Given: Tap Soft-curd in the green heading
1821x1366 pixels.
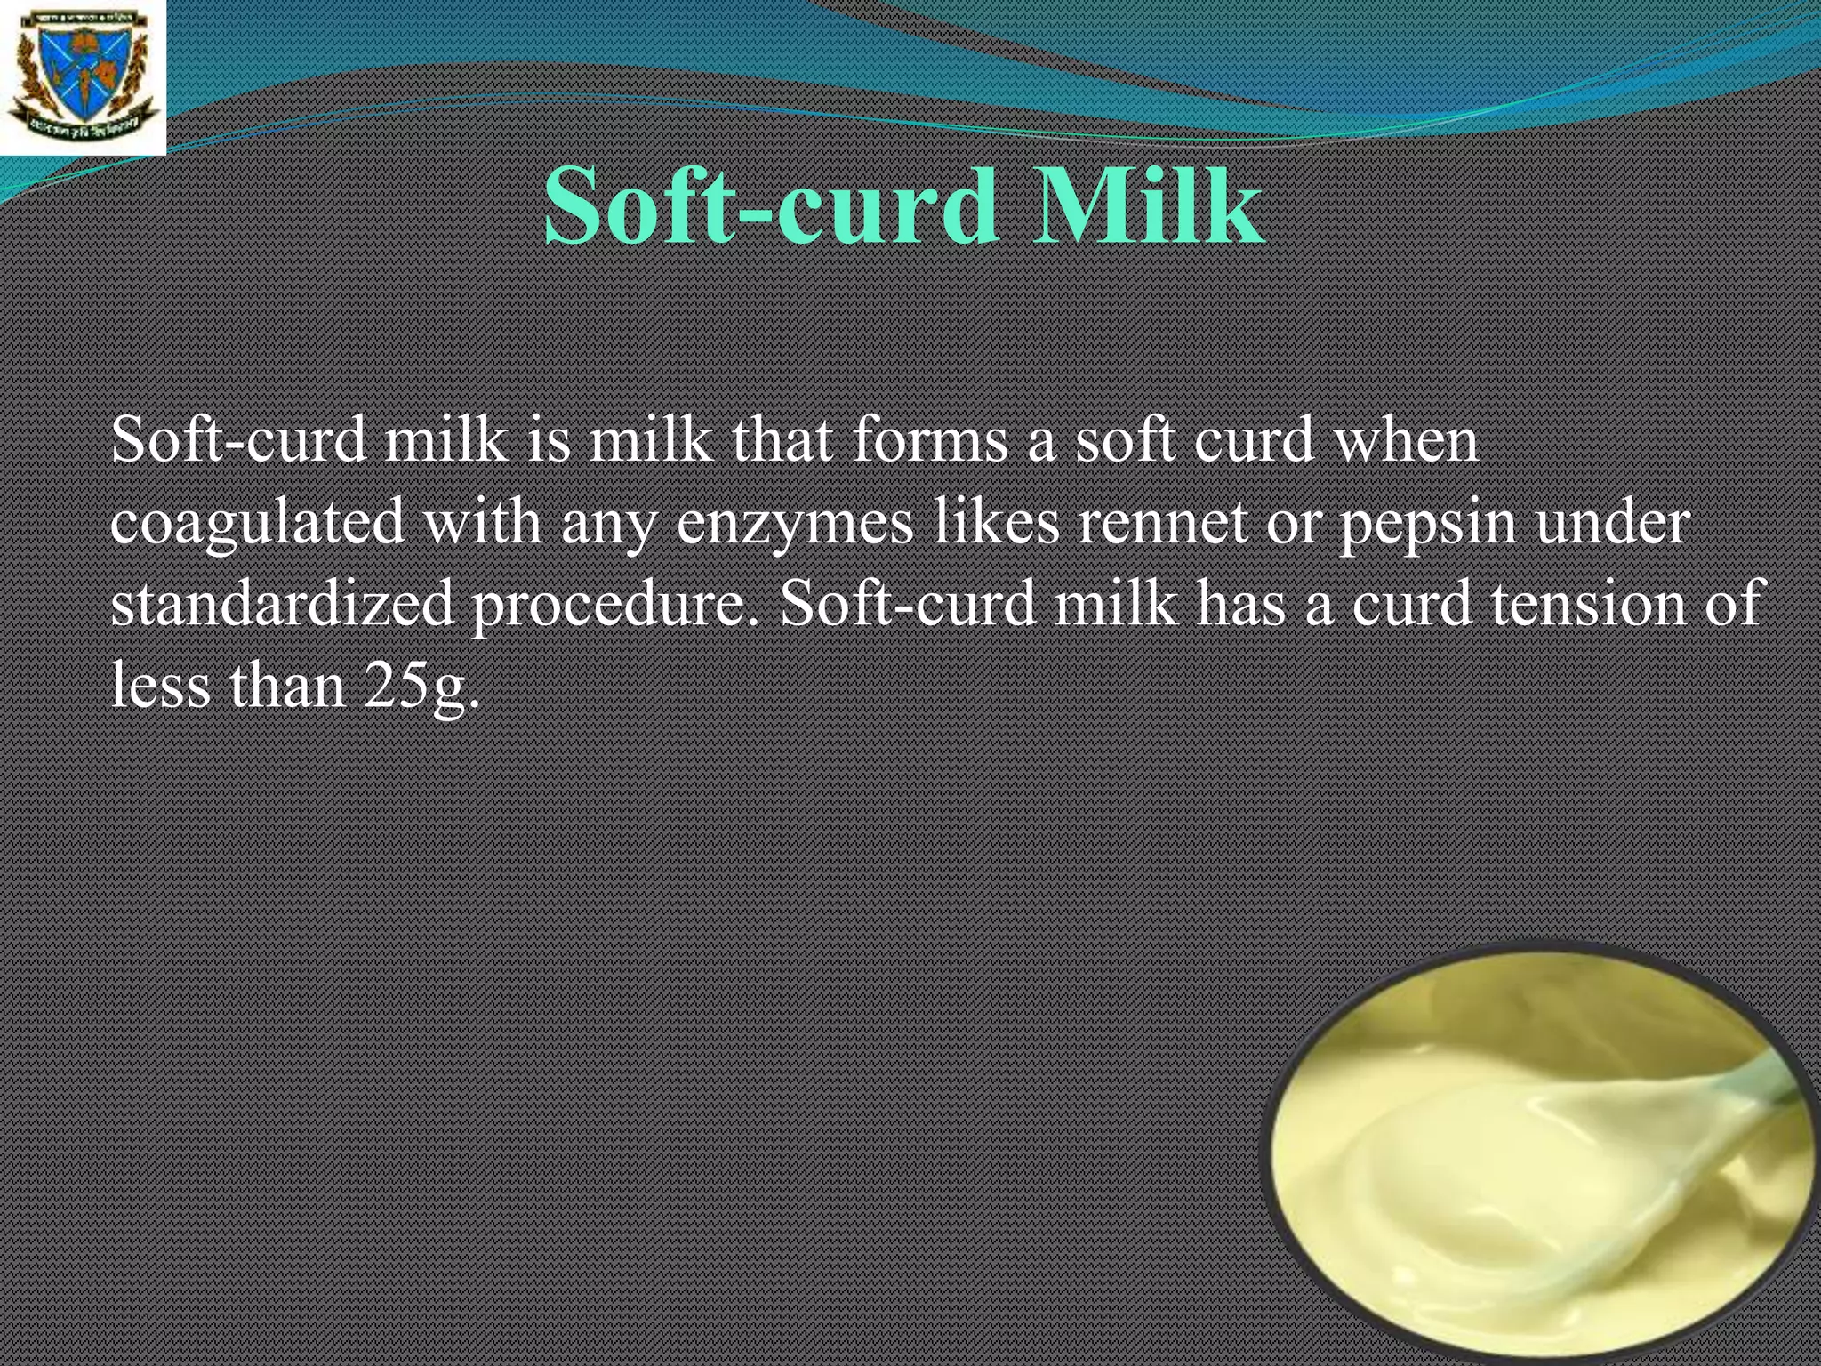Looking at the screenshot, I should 770,206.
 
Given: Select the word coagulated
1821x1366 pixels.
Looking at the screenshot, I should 258,522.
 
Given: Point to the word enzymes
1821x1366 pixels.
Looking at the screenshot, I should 795,522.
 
